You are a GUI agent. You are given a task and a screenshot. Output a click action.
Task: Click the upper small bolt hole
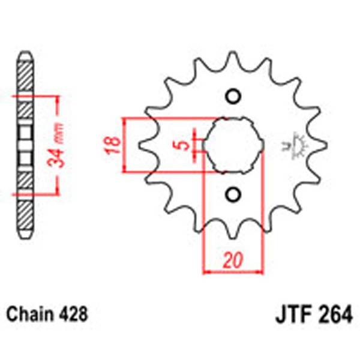coord(234,97)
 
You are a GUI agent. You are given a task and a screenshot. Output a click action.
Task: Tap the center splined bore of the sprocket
coord(233,145)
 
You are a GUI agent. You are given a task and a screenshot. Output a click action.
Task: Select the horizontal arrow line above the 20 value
coord(233,272)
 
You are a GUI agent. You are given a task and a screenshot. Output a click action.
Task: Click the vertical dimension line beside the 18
coord(124,145)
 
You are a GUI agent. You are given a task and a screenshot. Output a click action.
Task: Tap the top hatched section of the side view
coord(25,75)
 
